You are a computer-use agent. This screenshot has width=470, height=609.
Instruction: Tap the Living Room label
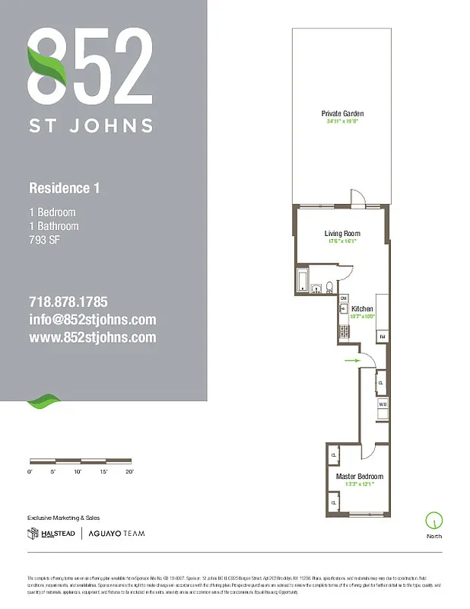[341, 234]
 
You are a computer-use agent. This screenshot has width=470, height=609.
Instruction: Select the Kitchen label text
[362, 308]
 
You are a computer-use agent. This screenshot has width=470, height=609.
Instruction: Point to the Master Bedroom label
[360, 477]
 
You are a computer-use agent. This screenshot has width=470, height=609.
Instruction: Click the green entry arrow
[351, 361]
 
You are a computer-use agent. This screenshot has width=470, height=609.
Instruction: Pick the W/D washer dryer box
[383, 405]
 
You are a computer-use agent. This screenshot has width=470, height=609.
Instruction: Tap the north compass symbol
[434, 521]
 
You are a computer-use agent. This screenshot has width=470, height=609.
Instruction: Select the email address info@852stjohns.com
[92, 320]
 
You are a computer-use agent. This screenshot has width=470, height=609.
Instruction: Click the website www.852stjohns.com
[92, 337]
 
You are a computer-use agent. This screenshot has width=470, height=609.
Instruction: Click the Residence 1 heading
[64, 187]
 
